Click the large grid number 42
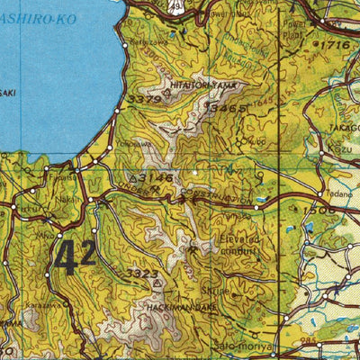(75, 257)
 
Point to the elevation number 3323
(141, 271)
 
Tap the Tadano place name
(339, 193)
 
